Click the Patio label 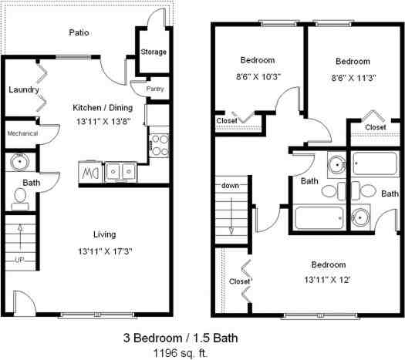point(78,32)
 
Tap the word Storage point(154,52)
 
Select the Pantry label point(154,89)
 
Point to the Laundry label point(24,89)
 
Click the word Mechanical point(22,133)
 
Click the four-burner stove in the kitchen point(159,145)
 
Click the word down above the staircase point(231,187)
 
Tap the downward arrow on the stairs point(231,220)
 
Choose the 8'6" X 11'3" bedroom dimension point(353,77)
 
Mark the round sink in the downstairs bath point(18,163)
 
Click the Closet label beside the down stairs point(240,281)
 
